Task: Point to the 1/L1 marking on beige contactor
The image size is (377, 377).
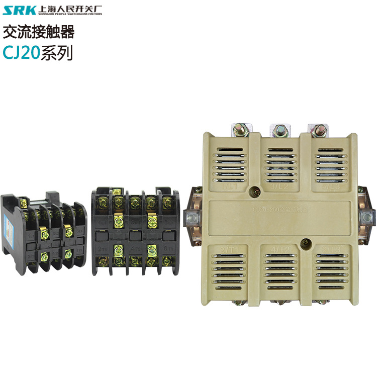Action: tap(220, 186)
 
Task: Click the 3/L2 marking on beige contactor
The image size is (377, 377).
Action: tap(279, 186)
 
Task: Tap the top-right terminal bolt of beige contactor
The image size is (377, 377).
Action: tap(319, 129)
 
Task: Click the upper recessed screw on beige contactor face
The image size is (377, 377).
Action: tap(257, 191)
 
